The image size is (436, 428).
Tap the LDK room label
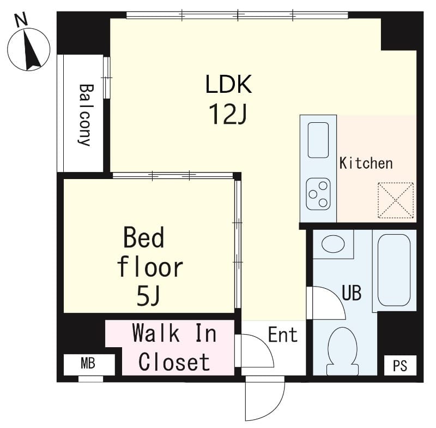(x=228, y=85)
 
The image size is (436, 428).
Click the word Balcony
(x=84, y=115)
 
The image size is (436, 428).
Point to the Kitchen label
(x=366, y=163)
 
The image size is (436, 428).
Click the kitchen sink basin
(x=318, y=140)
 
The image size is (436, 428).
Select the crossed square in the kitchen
(x=396, y=200)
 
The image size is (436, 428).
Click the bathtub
(x=393, y=270)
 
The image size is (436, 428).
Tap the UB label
(x=352, y=293)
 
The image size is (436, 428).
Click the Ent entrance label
(x=283, y=334)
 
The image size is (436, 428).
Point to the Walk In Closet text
(x=174, y=347)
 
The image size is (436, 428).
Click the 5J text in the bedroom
(x=148, y=296)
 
